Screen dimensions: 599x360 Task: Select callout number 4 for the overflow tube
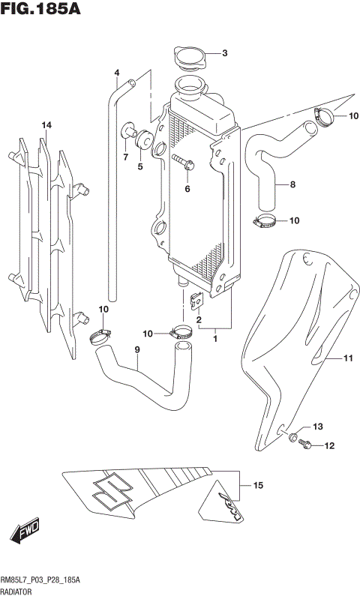point(117,73)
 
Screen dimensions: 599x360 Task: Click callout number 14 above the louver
point(46,124)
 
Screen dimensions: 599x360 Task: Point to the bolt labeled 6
point(183,160)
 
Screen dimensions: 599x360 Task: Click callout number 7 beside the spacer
point(125,157)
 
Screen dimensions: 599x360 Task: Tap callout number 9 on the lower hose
point(137,349)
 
